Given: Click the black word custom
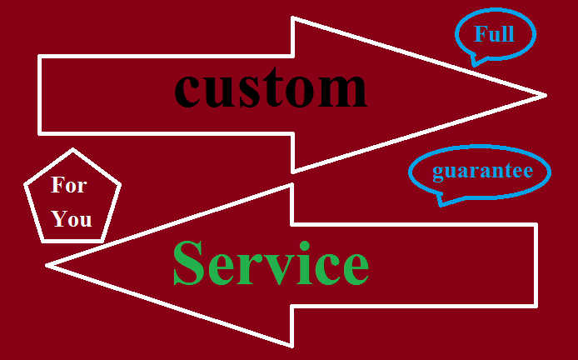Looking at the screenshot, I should click(x=271, y=88).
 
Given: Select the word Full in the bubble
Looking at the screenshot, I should click(x=494, y=34).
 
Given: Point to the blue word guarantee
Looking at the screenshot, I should click(x=482, y=172).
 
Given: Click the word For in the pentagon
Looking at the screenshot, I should click(x=68, y=185).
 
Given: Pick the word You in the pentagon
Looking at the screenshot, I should click(x=72, y=220).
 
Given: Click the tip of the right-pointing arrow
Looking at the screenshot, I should click(x=545, y=95).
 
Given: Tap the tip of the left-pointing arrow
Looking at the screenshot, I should click(x=48, y=265).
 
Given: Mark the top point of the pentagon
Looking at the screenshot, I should click(x=73, y=150).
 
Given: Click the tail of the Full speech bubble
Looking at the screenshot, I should click(x=475, y=62).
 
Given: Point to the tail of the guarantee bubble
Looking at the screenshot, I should click(x=442, y=201).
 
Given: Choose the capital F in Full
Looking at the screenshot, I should click(x=481, y=34).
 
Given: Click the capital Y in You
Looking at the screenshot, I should click(x=59, y=220).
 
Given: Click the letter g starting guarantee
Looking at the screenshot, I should click(x=437, y=174).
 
